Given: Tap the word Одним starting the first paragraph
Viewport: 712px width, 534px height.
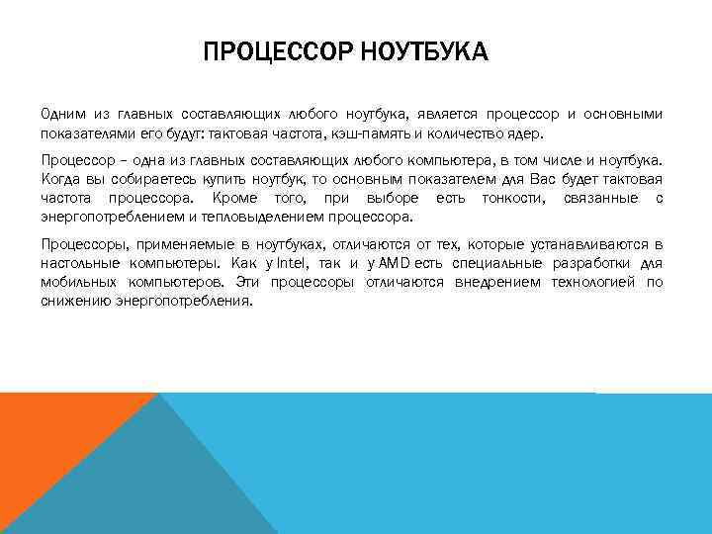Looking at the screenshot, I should point(63,114).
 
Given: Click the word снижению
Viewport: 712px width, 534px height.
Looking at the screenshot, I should point(72,301).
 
